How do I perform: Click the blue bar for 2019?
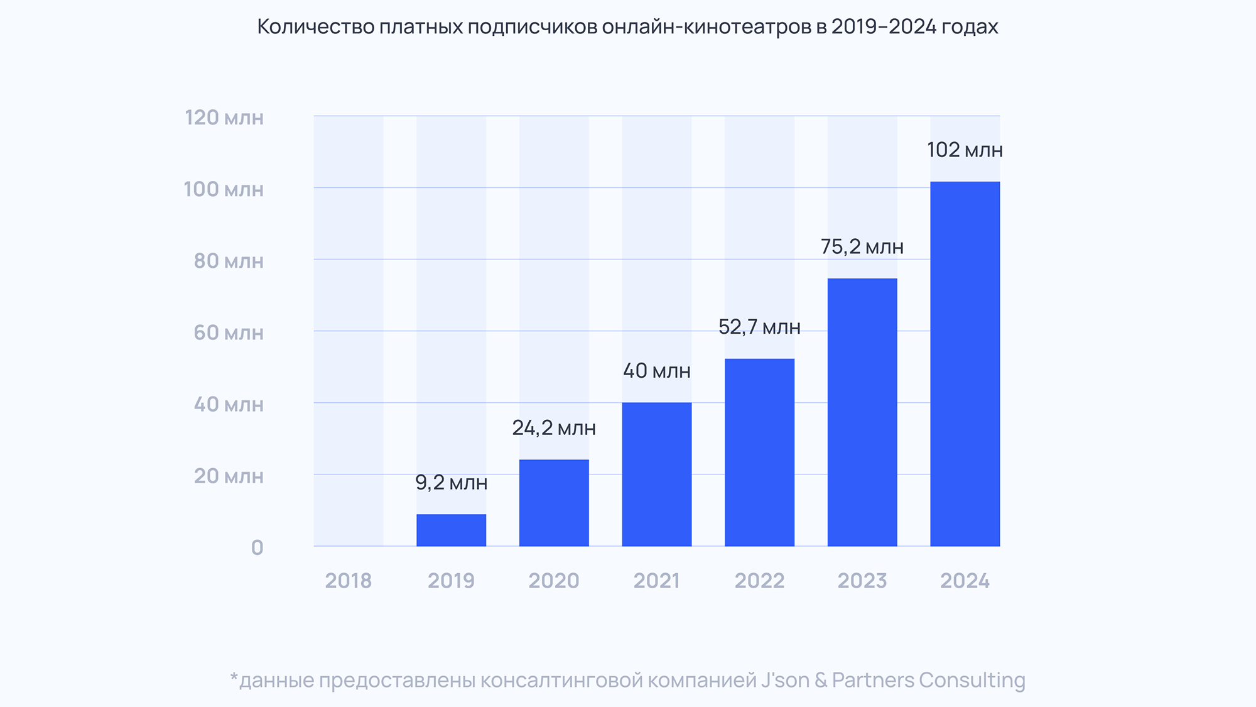pyautogui.click(x=451, y=530)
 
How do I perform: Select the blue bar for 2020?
pyautogui.click(x=554, y=503)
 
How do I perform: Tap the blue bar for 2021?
pyautogui.click(x=657, y=474)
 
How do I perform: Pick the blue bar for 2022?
pyautogui.click(x=759, y=452)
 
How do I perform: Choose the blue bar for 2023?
pyautogui.click(x=862, y=412)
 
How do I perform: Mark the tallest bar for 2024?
pyautogui.click(x=965, y=364)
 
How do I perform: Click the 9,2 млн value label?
pyautogui.click(x=451, y=483)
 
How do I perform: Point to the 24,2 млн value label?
pyautogui.click(x=554, y=428)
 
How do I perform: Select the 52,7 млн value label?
pyautogui.click(x=759, y=327)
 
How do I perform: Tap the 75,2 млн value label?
pyautogui.click(x=862, y=247)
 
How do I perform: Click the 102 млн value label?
pyautogui.click(x=965, y=150)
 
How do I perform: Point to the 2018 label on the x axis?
pyautogui.click(x=349, y=581)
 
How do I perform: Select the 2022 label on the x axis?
pyautogui.click(x=759, y=581)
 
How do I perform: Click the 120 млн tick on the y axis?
pyautogui.click(x=224, y=118)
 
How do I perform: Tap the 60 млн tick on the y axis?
pyautogui.click(x=228, y=332)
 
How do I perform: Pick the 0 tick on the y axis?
pyautogui.click(x=257, y=548)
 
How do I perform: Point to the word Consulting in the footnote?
pyautogui.click(x=972, y=681)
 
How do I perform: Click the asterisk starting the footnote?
pyautogui.click(x=234, y=677)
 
